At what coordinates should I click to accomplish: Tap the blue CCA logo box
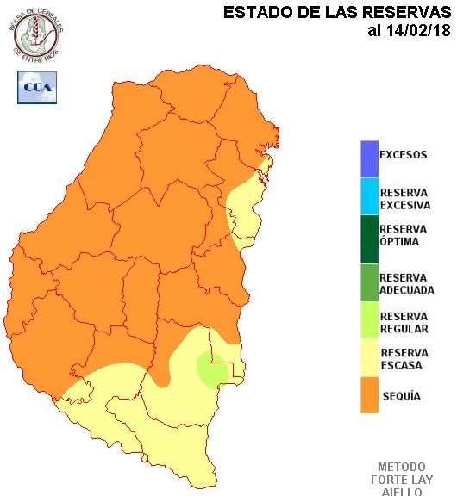pos(36,87)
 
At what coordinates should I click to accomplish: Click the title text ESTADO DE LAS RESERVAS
pos(338,13)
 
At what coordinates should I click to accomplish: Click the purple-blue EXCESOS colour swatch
pos(370,157)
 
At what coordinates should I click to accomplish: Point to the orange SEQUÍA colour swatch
pos(370,396)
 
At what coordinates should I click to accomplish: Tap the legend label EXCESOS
pos(404,155)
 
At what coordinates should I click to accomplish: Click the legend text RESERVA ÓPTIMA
pos(404,235)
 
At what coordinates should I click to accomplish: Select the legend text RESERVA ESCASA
pos(404,359)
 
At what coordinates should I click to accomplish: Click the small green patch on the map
pos(210,369)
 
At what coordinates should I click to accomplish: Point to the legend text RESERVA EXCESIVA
pos(405,199)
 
